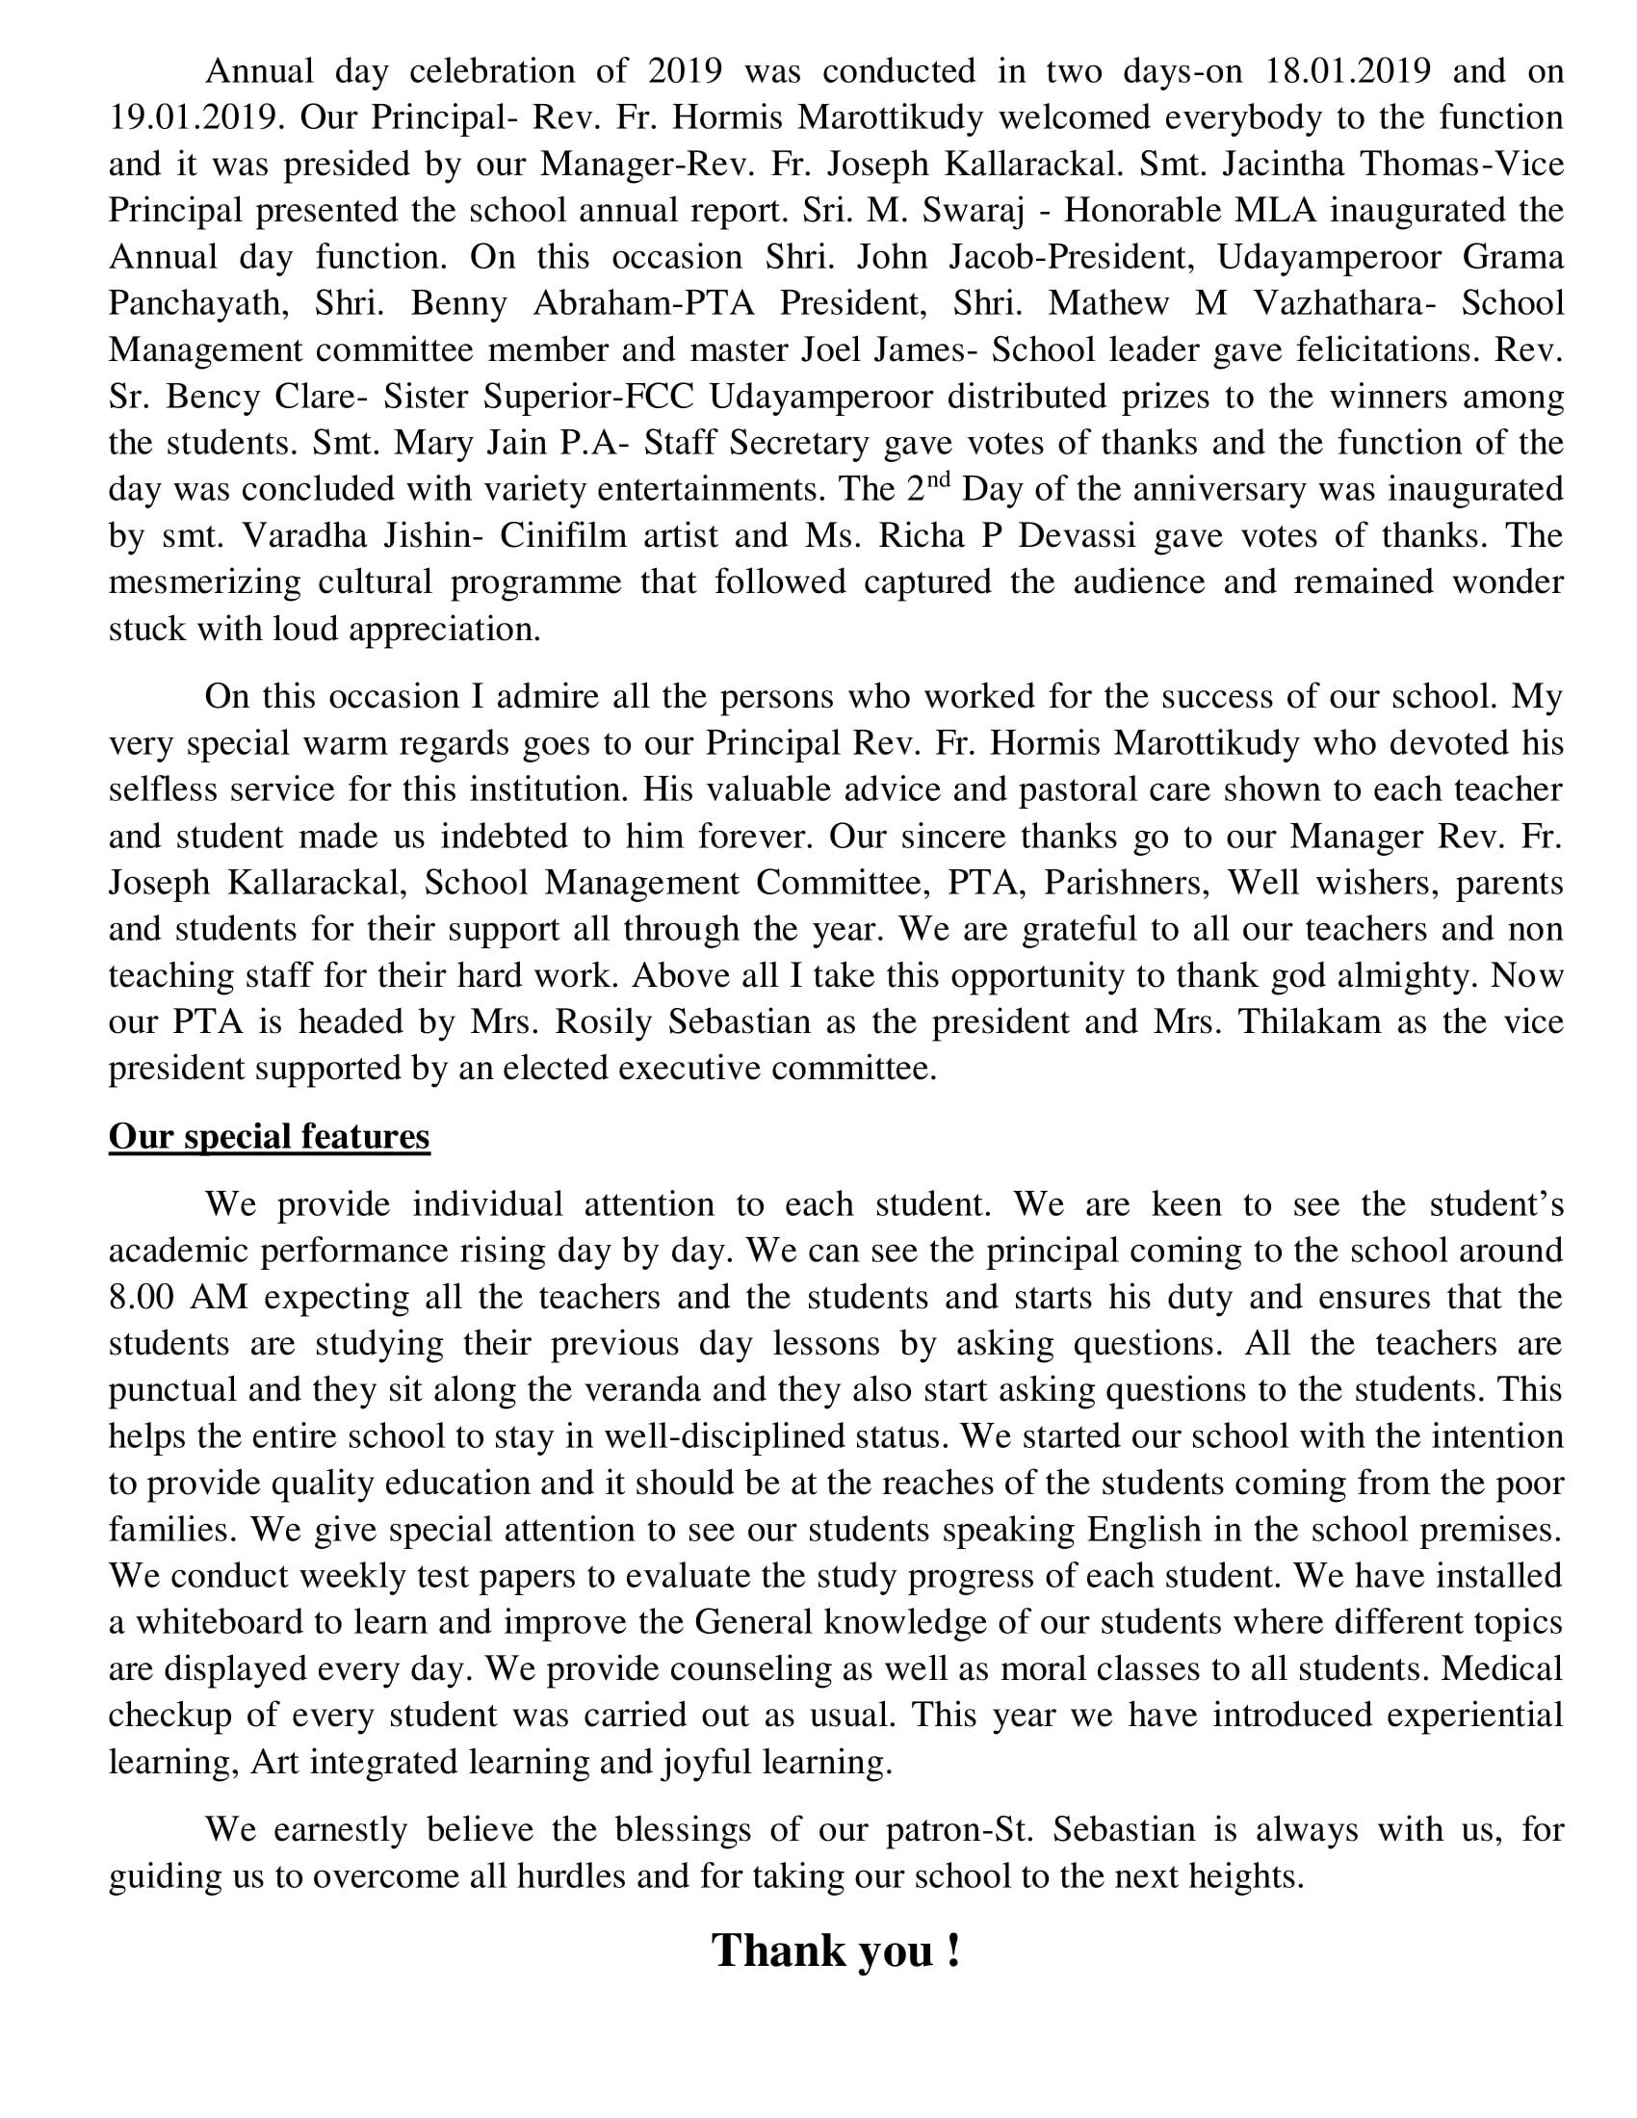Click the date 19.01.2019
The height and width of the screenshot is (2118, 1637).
(x=195, y=118)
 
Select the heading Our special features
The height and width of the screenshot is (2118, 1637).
(x=269, y=1136)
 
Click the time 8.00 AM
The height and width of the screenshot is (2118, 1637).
(x=178, y=1298)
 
